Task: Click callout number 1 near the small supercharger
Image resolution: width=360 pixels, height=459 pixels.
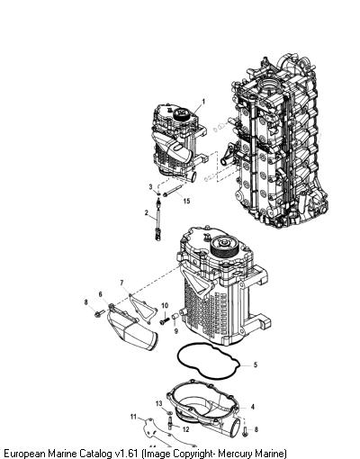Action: click(203, 102)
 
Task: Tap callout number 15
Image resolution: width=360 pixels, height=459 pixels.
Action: click(186, 201)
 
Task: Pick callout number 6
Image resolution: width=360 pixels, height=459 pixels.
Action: click(101, 294)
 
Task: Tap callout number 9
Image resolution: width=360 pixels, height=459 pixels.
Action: click(176, 331)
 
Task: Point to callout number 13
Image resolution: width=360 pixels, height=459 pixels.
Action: click(159, 403)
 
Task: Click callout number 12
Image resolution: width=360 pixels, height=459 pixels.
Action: click(186, 429)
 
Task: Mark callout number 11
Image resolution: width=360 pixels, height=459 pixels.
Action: click(133, 417)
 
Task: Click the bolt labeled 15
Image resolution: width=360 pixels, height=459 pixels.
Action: click(173, 191)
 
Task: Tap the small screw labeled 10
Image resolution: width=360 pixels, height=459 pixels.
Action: click(165, 321)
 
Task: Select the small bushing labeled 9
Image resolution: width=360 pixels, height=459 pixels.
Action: click(175, 317)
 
